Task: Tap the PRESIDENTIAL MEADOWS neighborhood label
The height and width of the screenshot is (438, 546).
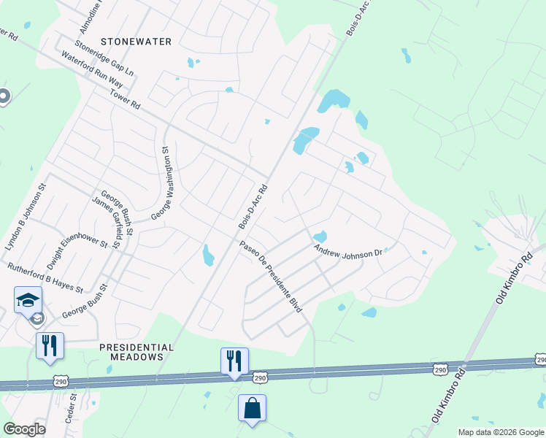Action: [x=136, y=352]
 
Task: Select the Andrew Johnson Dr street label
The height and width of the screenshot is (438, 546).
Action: [x=348, y=253]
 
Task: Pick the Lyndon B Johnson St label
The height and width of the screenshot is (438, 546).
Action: [x=26, y=218]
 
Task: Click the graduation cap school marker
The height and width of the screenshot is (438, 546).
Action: [x=28, y=299]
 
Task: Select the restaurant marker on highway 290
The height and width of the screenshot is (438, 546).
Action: [x=234, y=361]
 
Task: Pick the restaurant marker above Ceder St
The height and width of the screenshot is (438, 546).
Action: [x=50, y=345]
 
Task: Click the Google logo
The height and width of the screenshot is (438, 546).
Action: [x=24, y=429]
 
